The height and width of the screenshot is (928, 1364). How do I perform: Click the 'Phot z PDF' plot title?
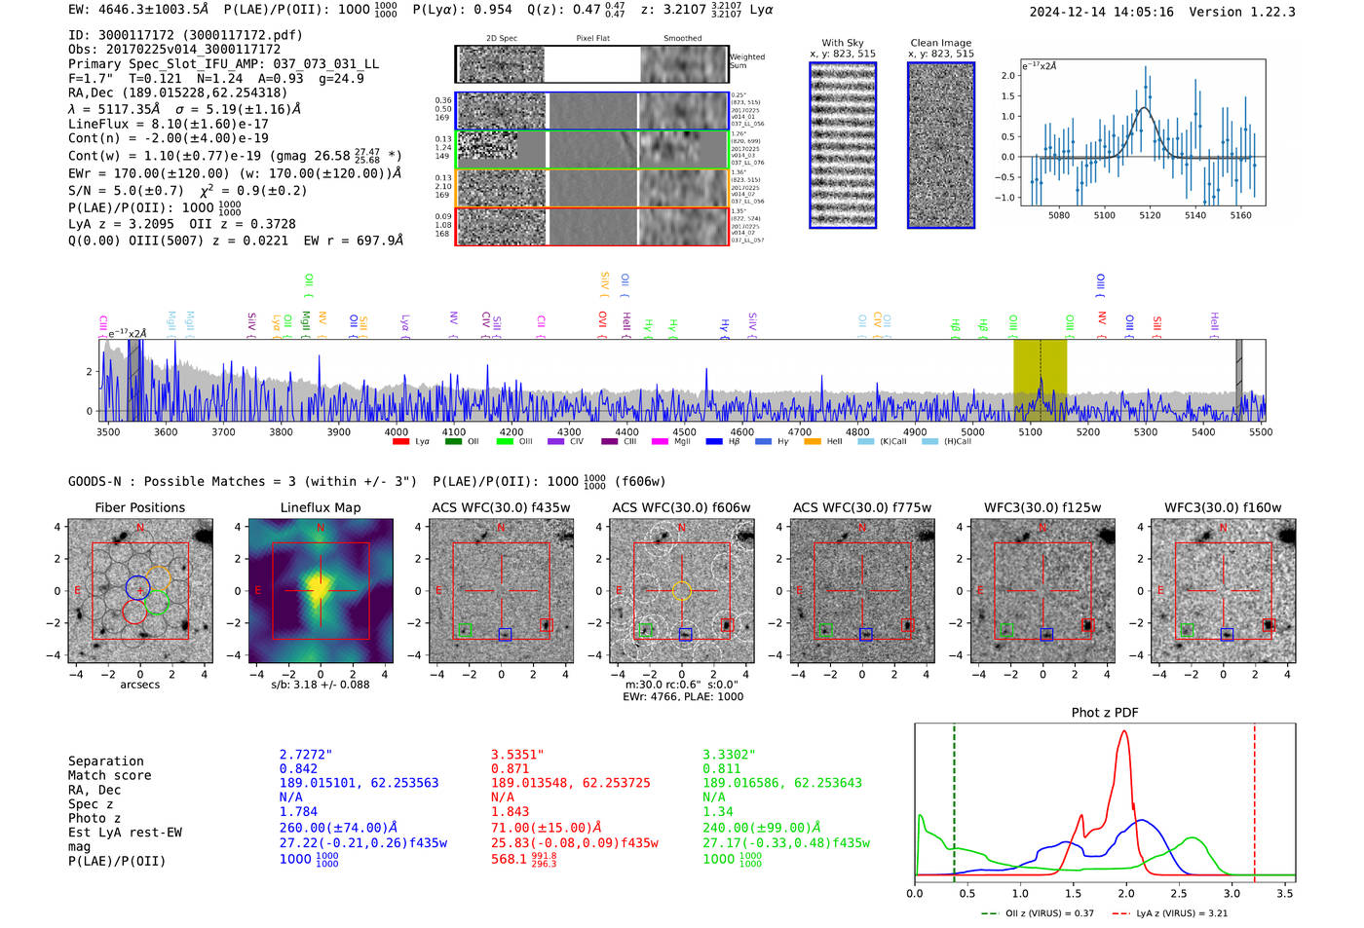pos(1105,713)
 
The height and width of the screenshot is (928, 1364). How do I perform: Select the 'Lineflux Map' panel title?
pos(320,507)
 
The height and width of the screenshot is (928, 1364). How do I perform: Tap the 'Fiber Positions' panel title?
pos(139,507)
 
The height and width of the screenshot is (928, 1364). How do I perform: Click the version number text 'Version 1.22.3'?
pos(1241,12)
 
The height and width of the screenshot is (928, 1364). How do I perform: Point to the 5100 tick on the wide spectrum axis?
pos(1030,431)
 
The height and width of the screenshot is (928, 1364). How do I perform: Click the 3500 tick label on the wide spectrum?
pos(107,431)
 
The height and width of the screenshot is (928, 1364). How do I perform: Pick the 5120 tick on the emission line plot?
pos(1150,215)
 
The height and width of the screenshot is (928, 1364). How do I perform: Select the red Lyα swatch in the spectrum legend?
pos(400,442)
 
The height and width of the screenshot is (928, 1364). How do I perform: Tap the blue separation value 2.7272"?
pos(305,755)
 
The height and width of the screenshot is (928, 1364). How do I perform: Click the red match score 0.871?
pos(510,769)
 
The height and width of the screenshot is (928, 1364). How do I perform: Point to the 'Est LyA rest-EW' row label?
pos(125,833)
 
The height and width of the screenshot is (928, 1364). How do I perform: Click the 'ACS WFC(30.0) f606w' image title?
pos(681,507)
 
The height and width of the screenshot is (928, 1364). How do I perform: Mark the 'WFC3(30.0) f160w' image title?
pos(1223,507)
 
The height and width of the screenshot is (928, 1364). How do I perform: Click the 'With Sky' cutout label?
pos(842,43)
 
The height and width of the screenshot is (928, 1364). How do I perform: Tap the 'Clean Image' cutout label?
pos(940,43)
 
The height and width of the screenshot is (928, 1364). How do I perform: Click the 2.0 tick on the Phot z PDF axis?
pos(1125,893)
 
